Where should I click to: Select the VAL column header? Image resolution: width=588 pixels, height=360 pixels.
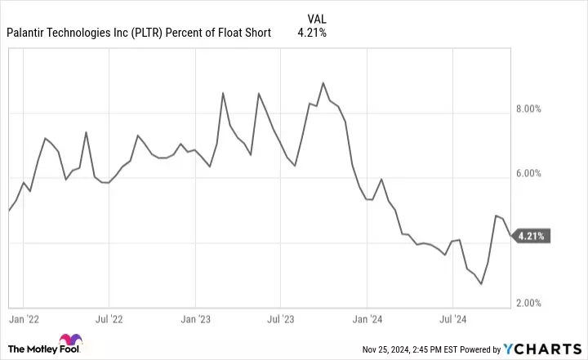319,18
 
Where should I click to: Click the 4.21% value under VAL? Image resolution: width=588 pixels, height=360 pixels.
319,33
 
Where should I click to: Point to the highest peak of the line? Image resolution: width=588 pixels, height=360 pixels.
323,83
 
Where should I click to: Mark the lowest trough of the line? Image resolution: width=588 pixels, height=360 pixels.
481,284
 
